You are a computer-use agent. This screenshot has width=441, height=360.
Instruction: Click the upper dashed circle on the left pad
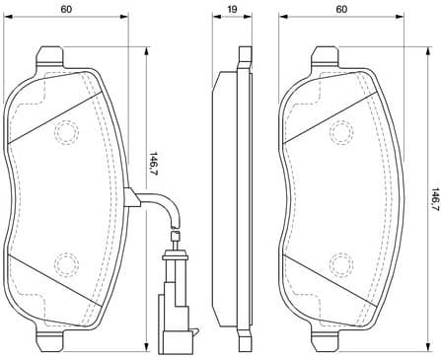pyautogui.click(x=66, y=131)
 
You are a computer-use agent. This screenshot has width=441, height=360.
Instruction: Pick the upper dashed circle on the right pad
pyautogui.click(x=342, y=131)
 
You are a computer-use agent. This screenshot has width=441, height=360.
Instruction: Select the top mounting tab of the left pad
pyautogui.click(x=46, y=57)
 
